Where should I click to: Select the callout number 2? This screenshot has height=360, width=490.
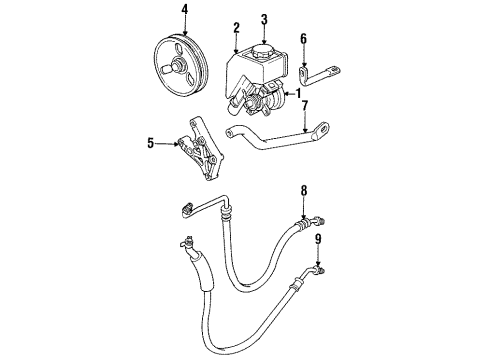tap(236, 28)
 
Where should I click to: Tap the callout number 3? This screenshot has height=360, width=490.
tap(263, 19)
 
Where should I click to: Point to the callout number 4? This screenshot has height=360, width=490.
tap(184, 12)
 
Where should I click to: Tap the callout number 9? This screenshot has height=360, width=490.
tap(320, 239)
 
